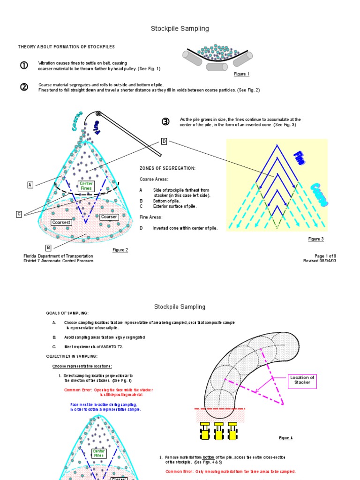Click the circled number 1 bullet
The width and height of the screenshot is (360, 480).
[24, 66]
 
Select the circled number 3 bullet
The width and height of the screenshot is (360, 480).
[165, 122]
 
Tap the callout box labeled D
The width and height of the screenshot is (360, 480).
[164, 141]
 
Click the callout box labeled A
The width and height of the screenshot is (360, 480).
[30, 185]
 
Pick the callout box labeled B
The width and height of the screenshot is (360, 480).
[48, 247]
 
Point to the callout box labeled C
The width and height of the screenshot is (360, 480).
[19, 214]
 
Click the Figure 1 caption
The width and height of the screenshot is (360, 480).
[241, 74]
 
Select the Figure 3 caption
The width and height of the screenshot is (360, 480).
[316, 239]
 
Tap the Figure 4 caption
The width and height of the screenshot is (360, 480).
[285, 438]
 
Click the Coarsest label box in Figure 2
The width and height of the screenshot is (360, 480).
[61, 222]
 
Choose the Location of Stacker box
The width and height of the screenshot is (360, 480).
[302, 380]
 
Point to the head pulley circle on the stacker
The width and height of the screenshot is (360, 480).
[98, 114]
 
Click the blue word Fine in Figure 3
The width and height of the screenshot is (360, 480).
[299, 158]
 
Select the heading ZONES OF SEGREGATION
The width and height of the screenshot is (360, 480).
[167, 168]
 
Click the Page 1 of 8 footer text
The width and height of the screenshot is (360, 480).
[325, 256]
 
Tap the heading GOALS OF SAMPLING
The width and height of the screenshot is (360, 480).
[67, 313]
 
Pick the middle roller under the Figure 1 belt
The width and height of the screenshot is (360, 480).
[217, 67]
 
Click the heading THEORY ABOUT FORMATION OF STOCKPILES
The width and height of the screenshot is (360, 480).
[66, 47]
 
